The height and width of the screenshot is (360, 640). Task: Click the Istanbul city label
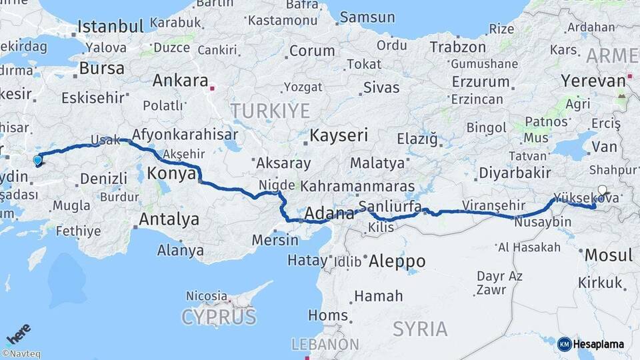[111, 27]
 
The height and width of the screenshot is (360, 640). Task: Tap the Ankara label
[180, 81]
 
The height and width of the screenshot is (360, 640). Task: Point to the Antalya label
[169, 219]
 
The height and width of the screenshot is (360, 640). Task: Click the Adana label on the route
[329, 214]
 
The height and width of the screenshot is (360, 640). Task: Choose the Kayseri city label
[339, 135]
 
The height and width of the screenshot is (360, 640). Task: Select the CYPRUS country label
[219, 316]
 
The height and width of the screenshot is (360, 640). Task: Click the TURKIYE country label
[270, 110]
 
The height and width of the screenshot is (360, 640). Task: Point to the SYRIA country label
[420, 328]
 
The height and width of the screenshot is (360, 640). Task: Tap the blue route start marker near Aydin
[37, 159]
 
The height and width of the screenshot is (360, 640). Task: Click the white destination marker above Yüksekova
[603, 189]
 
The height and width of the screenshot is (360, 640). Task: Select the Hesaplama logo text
[599, 344]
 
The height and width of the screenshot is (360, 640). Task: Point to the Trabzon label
[457, 47]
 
